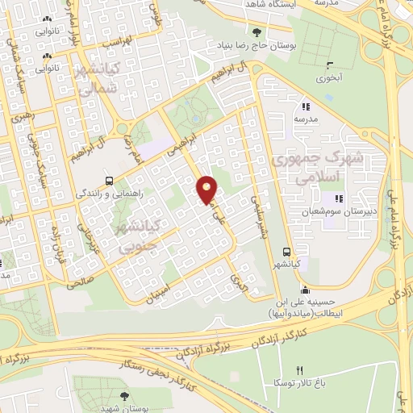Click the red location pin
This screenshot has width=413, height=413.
pyautogui.click(x=207, y=189)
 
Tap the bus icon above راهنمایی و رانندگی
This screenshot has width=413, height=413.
pyautogui.click(x=109, y=181)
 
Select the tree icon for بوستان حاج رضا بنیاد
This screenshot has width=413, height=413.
pyautogui.click(x=257, y=33)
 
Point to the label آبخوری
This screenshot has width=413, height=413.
pyautogui.click(x=328, y=79)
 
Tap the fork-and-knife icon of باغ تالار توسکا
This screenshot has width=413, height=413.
pyautogui.click(x=300, y=370)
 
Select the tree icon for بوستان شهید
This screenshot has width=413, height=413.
pyautogui.click(x=123, y=395)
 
